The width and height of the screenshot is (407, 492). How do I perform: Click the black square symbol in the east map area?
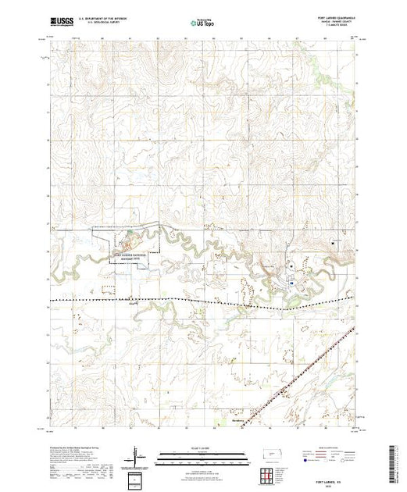click(x=334, y=244)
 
